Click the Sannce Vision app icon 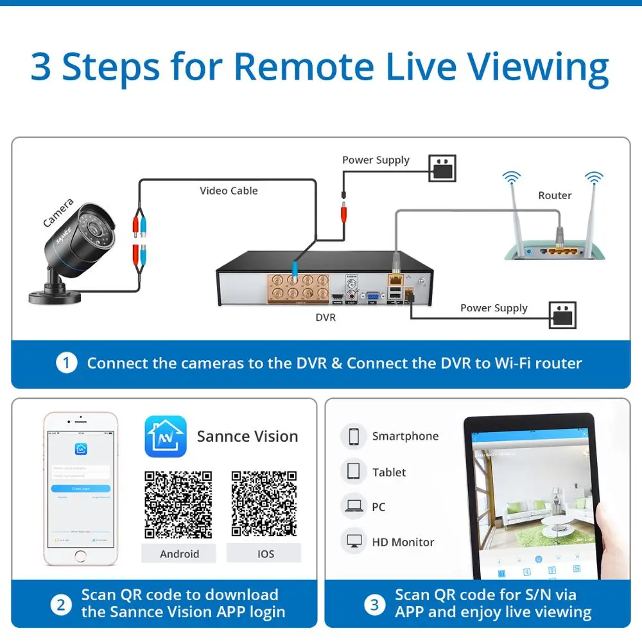pyautogui.click(x=165, y=437)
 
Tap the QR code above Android pyautogui.click(x=178, y=505)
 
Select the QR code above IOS pyautogui.click(x=265, y=505)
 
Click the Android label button pyautogui.click(x=179, y=553)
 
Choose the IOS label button pyautogui.click(x=265, y=553)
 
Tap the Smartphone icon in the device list pyautogui.click(x=353, y=437)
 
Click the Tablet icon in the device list pyautogui.click(x=353, y=472)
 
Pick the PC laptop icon pyautogui.click(x=353, y=507)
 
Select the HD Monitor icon pyautogui.click(x=353, y=542)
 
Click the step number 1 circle pyautogui.click(x=66, y=363)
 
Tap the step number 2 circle pyautogui.click(x=61, y=604)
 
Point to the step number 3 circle pyautogui.click(x=374, y=604)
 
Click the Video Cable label pyautogui.click(x=229, y=191)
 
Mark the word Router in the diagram pyautogui.click(x=555, y=195)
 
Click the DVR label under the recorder pyautogui.click(x=325, y=317)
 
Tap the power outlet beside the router pyautogui.click(x=442, y=168)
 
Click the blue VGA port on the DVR pyautogui.click(x=370, y=296)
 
